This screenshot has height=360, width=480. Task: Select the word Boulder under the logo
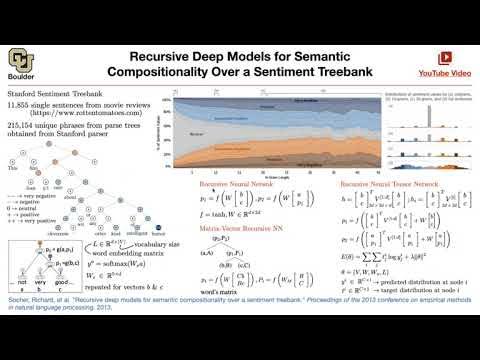click(20, 72)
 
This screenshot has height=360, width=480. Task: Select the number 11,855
click(19, 104)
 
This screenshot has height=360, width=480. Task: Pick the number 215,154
click(21, 124)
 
